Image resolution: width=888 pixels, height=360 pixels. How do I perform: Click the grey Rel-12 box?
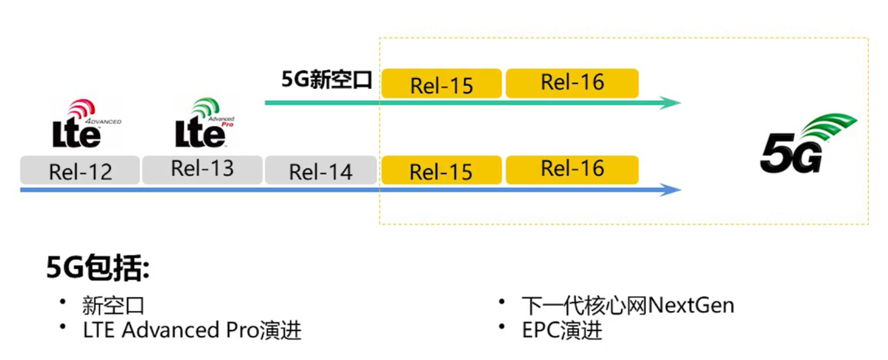[80, 170]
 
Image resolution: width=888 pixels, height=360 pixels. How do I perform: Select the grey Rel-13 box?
[202, 169]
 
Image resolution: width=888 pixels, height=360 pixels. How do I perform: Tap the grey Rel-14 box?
[321, 170]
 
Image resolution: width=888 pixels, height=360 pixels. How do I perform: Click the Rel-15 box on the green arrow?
[441, 84]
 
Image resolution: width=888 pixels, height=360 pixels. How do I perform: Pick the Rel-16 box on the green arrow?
[572, 83]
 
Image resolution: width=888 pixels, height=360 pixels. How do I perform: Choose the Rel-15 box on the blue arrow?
[441, 170]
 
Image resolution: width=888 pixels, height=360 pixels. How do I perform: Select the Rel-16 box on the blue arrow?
[572, 169]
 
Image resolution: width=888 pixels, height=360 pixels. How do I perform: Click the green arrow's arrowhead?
[671, 103]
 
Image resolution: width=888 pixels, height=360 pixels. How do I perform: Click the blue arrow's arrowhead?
[671, 190]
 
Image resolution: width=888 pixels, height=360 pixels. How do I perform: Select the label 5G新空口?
[326, 80]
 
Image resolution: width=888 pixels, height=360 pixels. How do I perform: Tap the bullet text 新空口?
[113, 306]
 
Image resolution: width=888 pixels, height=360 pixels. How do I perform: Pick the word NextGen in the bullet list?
[691, 306]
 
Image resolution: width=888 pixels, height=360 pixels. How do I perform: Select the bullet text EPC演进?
[562, 330]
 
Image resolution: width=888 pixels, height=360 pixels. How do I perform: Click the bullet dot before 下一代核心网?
[502, 301]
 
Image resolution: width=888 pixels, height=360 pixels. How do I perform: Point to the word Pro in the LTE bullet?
[242, 330]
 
